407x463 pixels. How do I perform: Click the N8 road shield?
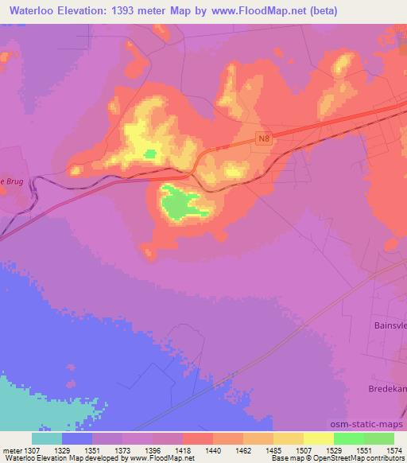(x=264, y=138)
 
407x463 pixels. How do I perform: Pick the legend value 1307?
(x=25, y=450)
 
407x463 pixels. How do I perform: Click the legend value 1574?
(x=394, y=450)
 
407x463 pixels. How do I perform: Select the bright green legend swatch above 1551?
(x=348, y=438)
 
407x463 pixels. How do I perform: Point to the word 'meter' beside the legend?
(x=11, y=450)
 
